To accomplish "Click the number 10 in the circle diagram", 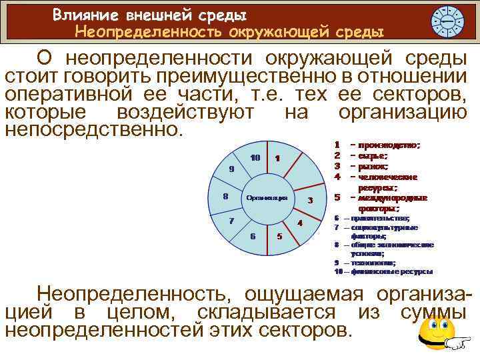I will [x=255, y=158].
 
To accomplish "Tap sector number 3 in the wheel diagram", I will [x=309, y=201].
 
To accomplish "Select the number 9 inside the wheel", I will [x=231, y=169].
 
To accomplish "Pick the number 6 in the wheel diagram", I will [x=253, y=235].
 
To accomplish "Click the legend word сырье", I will [x=377, y=155].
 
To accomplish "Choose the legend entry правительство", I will [x=381, y=218].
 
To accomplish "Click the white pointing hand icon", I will [x=456, y=343].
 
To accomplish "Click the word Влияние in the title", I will [x=83, y=13].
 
